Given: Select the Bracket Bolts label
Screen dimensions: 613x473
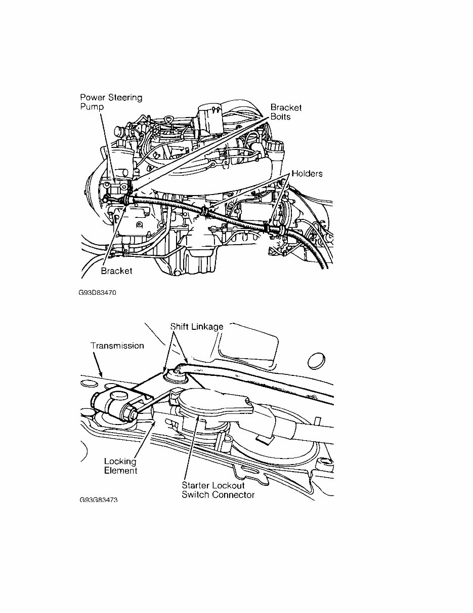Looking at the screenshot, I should pyautogui.click(x=286, y=112).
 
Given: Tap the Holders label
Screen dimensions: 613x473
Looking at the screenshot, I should pyautogui.click(x=307, y=174).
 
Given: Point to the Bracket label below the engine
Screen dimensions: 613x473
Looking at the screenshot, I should pyautogui.click(x=116, y=271).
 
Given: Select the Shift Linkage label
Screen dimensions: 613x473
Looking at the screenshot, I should pyautogui.click(x=196, y=327).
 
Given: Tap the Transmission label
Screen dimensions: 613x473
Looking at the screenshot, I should pyautogui.click(x=117, y=346).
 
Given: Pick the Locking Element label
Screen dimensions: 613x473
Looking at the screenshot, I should pyautogui.click(x=120, y=466).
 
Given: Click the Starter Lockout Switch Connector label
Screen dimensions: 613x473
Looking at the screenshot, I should pyautogui.click(x=218, y=490).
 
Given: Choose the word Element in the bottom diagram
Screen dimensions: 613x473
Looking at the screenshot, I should pyautogui.click(x=120, y=471).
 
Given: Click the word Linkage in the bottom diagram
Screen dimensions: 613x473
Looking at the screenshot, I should pyautogui.click(x=207, y=327).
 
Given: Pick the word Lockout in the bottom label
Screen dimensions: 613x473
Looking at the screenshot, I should pyautogui.click(x=228, y=485).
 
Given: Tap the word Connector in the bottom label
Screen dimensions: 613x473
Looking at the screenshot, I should pyautogui.click(x=233, y=494).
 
